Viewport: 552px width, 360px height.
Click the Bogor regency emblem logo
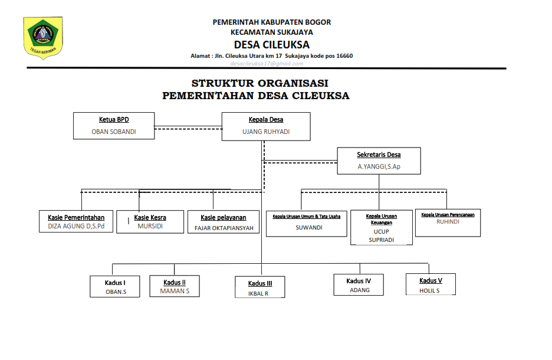(x=43, y=37)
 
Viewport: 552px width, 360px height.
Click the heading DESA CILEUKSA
(x=271, y=45)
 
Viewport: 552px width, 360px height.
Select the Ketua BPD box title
(x=114, y=119)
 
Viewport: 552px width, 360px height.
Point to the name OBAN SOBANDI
(x=114, y=132)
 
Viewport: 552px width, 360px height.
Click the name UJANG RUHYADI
(x=266, y=132)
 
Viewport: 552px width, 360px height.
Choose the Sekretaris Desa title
(x=379, y=155)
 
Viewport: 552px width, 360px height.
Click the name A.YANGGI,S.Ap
(x=379, y=167)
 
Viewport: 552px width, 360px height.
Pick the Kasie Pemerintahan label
(x=76, y=218)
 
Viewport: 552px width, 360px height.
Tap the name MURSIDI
(x=150, y=226)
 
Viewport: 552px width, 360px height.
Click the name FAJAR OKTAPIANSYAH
(x=224, y=228)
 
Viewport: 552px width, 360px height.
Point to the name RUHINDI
(x=448, y=222)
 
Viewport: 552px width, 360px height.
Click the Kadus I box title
(x=116, y=283)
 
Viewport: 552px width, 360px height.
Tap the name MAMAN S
(x=175, y=291)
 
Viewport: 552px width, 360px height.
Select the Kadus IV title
(x=359, y=281)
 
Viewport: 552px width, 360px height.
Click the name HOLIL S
(x=430, y=290)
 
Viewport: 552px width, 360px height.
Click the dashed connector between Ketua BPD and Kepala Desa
(x=188, y=127)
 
